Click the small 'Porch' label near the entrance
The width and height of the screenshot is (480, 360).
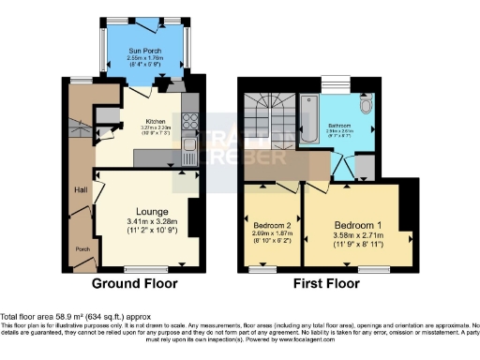[82, 248]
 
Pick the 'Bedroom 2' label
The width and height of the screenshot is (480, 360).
[272, 225]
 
